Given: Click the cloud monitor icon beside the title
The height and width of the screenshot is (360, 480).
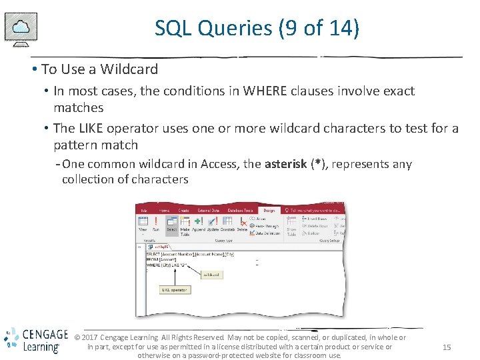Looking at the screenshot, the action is click(x=21, y=29).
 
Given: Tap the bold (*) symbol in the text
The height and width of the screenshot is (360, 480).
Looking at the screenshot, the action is click(x=315, y=164).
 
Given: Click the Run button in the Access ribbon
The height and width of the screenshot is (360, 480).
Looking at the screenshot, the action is click(x=155, y=225).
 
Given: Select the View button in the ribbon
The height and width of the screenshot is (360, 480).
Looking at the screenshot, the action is click(x=143, y=225).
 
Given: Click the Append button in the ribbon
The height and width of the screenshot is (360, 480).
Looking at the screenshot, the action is click(x=199, y=225).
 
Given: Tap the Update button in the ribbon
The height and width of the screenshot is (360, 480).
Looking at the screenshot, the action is click(x=213, y=225).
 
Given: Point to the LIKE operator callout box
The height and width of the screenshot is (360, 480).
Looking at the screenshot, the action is click(x=175, y=290).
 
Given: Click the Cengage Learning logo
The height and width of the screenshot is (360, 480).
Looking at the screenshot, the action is click(x=35, y=340).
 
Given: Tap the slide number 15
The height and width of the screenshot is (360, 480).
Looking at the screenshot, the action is click(x=447, y=347).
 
